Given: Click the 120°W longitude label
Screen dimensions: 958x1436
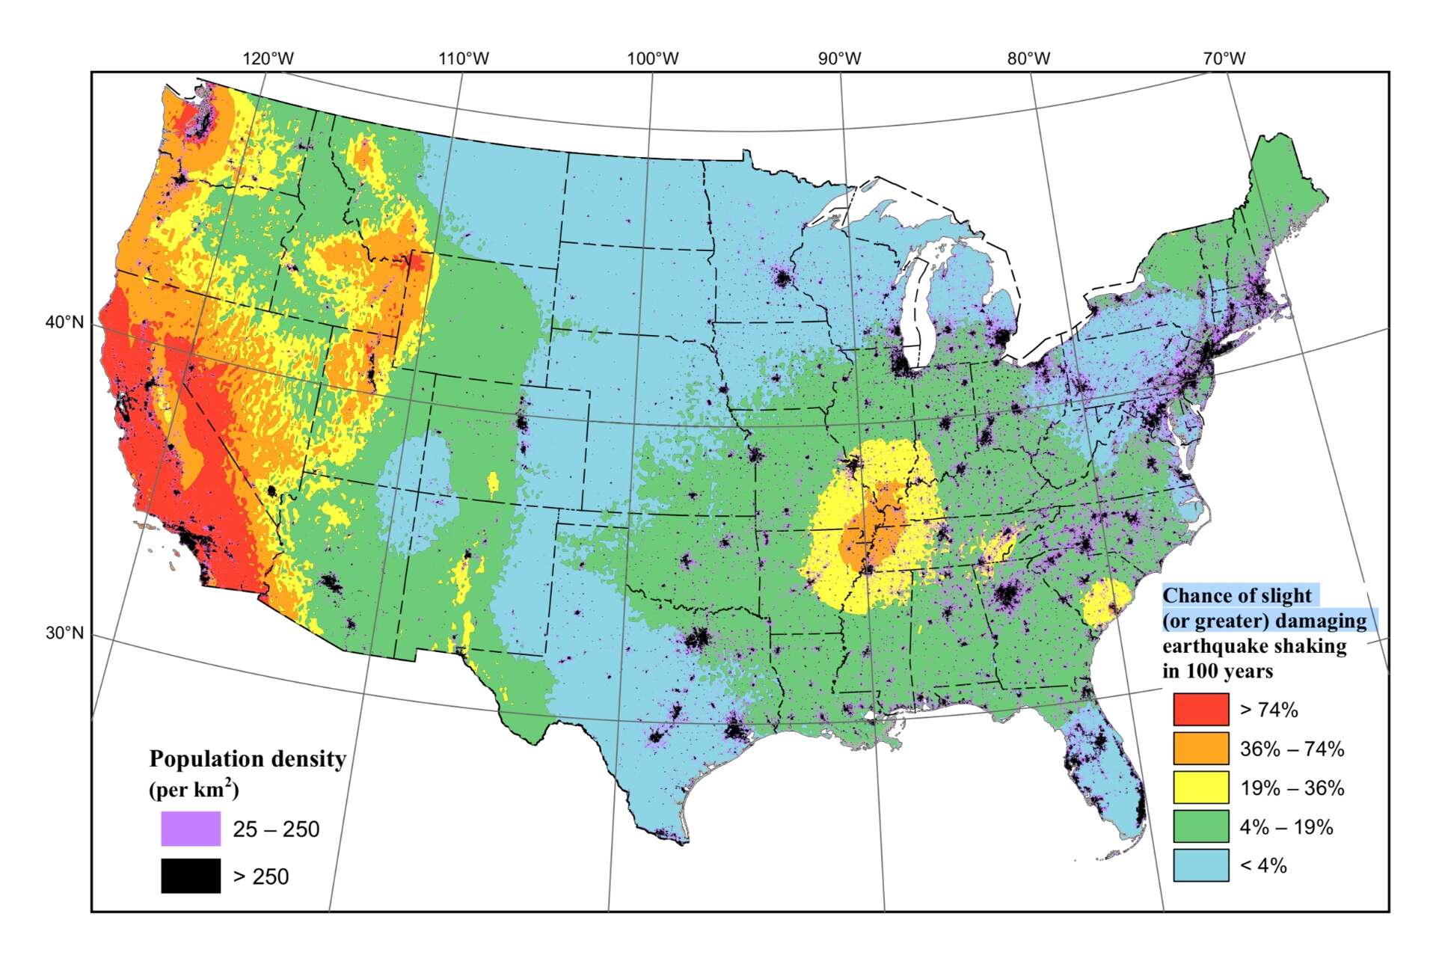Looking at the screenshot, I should pyautogui.click(x=269, y=58).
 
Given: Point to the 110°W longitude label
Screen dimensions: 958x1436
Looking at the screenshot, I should pyautogui.click(x=464, y=58).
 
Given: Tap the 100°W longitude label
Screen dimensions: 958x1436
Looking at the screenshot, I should pyautogui.click(x=653, y=58).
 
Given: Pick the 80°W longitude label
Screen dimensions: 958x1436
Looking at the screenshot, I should pyautogui.click(x=1028, y=58).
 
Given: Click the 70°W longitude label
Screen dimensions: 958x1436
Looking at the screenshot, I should pyautogui.click(x=1224, y=58).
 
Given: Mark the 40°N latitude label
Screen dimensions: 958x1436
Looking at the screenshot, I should pyautogui.click(x=64, y=322).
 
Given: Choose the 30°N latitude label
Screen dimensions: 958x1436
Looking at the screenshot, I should pyautogui.click(x=64, y=633).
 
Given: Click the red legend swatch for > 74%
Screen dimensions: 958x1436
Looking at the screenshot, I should pyautogui.click(x=1200, y=709).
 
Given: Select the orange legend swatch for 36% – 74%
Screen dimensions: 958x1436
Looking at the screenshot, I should pyautogui.click(x=1200, y=748).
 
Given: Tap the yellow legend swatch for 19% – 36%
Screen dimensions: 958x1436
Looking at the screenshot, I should pyautogui.click(x=1200, y=787).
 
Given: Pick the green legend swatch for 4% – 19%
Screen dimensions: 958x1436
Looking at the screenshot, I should pyautogui.click(x=1200, y=826).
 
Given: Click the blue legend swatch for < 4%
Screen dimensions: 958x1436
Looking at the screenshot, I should pyautogui.click(x=1200, y=865).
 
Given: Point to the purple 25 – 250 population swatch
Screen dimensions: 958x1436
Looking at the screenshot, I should pyautogui.click(x=191, y=829).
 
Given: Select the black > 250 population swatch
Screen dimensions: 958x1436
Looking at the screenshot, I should pyautogui.click(x=191, y=876).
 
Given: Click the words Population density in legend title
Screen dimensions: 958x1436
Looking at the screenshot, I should pyautogui.click(x=248, y=759).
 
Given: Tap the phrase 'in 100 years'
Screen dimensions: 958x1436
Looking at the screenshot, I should pyautogui.click(x=1217, y=671).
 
